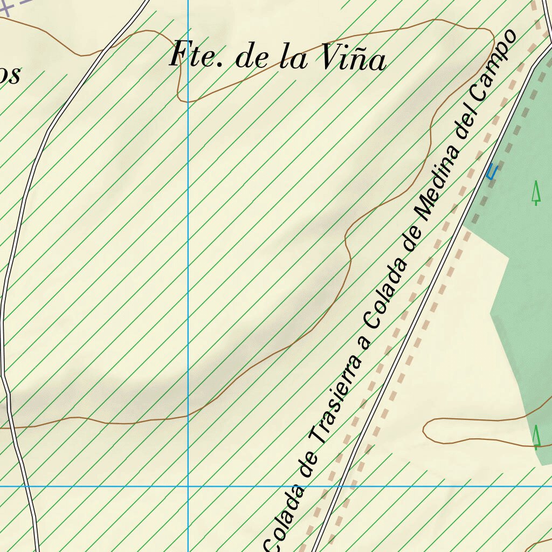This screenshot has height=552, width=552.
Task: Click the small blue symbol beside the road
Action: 491,172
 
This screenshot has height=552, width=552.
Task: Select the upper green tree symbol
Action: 536,193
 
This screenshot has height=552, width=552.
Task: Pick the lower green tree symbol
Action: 536,436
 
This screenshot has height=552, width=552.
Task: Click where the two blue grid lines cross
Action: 188,486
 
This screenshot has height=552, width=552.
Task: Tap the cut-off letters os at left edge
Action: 10,75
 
